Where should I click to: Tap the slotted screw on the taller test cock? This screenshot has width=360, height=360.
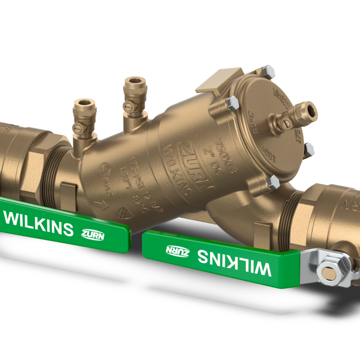pos(129,106)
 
